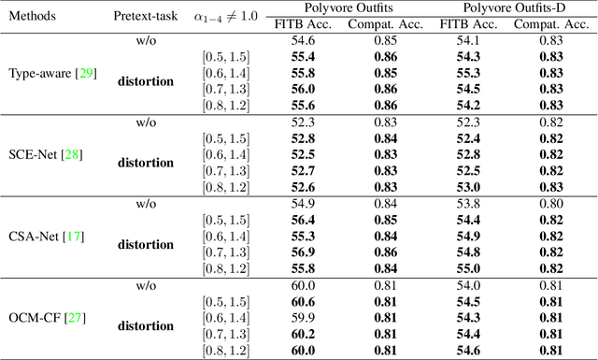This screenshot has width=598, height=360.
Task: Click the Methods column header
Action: (33, 17)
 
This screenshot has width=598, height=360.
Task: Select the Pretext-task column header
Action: (145, 17)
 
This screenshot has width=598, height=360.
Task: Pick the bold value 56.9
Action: (302, 252)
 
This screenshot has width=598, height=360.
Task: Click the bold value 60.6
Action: (302, 301)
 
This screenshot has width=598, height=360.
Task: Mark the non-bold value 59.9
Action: (302, 317)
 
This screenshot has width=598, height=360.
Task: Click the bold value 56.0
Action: (302, 89)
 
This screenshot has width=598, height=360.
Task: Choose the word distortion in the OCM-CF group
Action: (145, 325)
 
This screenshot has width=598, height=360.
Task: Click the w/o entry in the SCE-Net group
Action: (145, 122)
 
